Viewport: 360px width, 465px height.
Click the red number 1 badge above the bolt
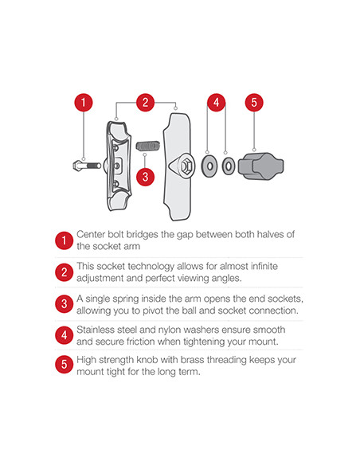coord(84,103)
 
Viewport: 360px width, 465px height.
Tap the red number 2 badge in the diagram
coord(145,103)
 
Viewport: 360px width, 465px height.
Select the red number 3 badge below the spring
coord(145,177)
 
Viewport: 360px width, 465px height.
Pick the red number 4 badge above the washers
coord(216,103)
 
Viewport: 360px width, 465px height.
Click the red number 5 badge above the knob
coord(254,103)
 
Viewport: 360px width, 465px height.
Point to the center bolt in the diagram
coord(87,165)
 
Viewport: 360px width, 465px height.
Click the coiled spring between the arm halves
coord(148,146)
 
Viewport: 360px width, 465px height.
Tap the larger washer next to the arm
coord(209,166)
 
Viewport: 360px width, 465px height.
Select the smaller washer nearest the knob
coord(229,166)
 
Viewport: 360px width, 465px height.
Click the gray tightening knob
coord(261,166)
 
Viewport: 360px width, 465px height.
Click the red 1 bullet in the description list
coord(64,240)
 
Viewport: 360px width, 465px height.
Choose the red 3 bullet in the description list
coord(64,304)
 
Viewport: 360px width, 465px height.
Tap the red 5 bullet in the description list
coord(64,365)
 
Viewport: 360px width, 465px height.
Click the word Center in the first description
coord(91,234)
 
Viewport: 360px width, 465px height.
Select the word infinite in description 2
coord(264,266)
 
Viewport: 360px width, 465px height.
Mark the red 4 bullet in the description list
coord(64,335)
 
